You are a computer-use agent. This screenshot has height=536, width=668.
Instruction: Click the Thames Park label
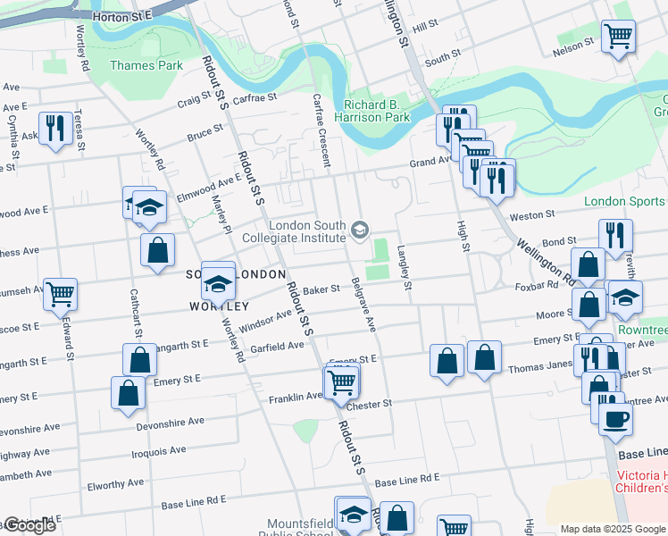(146, 65)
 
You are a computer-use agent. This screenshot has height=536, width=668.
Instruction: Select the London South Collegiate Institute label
(295, 232)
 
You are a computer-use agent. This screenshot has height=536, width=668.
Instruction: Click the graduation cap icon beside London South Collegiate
(360, 231)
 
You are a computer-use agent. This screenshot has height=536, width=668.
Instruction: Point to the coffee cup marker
(616, 420)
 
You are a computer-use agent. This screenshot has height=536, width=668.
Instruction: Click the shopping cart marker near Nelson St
(617, 37)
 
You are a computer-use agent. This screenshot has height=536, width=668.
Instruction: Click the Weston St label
(532, 215)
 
